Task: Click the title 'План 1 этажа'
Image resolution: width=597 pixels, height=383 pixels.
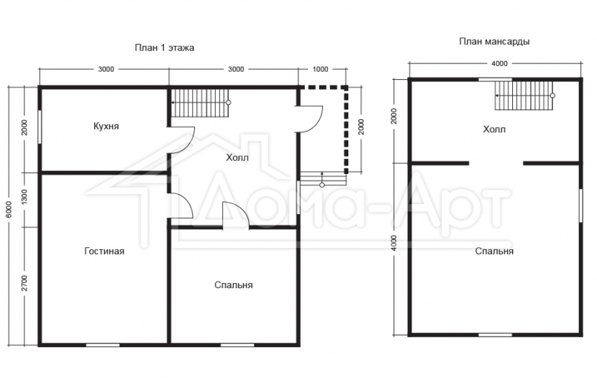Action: (165, 47)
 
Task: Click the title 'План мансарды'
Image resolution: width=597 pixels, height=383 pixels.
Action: (494, 41)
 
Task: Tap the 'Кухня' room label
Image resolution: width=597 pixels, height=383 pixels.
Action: (106, 126)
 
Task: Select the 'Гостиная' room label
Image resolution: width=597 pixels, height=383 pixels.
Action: (104, 251)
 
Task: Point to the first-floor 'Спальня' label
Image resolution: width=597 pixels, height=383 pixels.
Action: (233, 285)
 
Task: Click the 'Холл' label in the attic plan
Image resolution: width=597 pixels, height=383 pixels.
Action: (494, 129)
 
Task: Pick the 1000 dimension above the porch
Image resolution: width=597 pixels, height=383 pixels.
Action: (320, 69)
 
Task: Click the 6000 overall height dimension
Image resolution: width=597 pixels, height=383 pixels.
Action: (9, 209)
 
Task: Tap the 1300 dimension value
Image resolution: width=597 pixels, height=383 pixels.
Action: (24, 197)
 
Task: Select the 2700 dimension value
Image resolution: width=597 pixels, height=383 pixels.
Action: (24, 282)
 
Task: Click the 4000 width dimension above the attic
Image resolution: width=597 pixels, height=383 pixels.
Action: (499, 63)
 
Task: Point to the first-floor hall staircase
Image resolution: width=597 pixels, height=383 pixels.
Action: (200, 103)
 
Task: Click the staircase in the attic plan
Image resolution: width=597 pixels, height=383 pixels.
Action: (524, 96)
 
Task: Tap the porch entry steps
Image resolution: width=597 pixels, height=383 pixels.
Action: (323, 179)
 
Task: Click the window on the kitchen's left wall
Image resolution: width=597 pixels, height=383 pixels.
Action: (40, 127)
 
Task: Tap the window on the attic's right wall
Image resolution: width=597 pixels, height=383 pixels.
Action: (581, 206)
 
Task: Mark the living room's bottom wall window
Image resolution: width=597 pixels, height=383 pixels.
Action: (103, 345)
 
